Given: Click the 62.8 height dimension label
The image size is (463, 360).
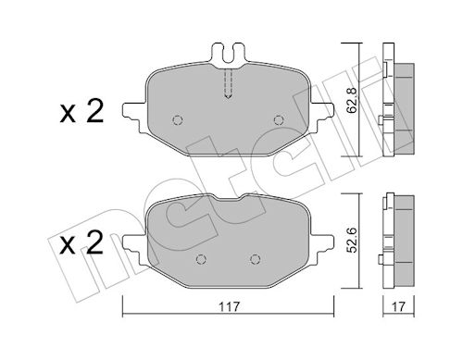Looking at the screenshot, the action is click(352, 100).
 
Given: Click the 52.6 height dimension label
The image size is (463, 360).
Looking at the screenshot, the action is click(352, 240).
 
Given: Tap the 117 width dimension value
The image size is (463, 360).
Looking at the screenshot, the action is click(230, 307).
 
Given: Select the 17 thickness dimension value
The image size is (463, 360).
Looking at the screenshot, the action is click(398, 307).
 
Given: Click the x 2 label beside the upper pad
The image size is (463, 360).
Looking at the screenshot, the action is click(81, 112).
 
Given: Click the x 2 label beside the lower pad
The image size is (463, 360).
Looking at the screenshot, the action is click(81, 243).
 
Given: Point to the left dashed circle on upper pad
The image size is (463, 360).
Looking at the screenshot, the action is click(178, 120).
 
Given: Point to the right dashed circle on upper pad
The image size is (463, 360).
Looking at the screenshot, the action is click(279, 120).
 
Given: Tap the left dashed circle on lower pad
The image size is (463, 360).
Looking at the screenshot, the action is click(201, 259).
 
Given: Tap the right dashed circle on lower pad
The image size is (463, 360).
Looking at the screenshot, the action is click(255, 259).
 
